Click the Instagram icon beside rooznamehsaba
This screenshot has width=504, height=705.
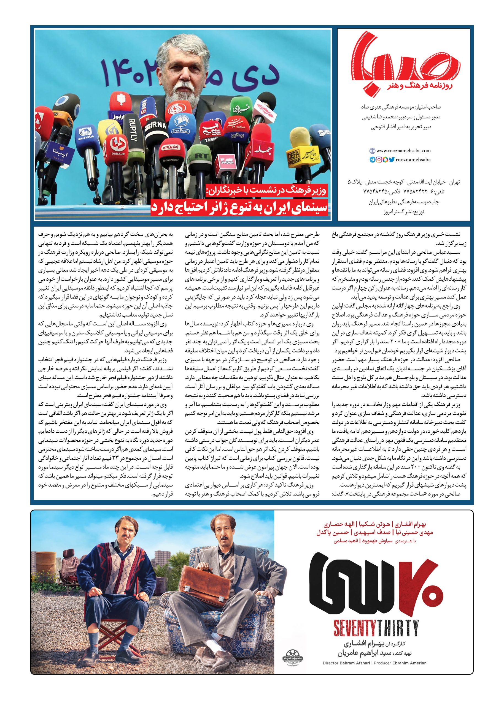pos(379,160)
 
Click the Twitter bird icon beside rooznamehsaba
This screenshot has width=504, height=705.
pos(391,160)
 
